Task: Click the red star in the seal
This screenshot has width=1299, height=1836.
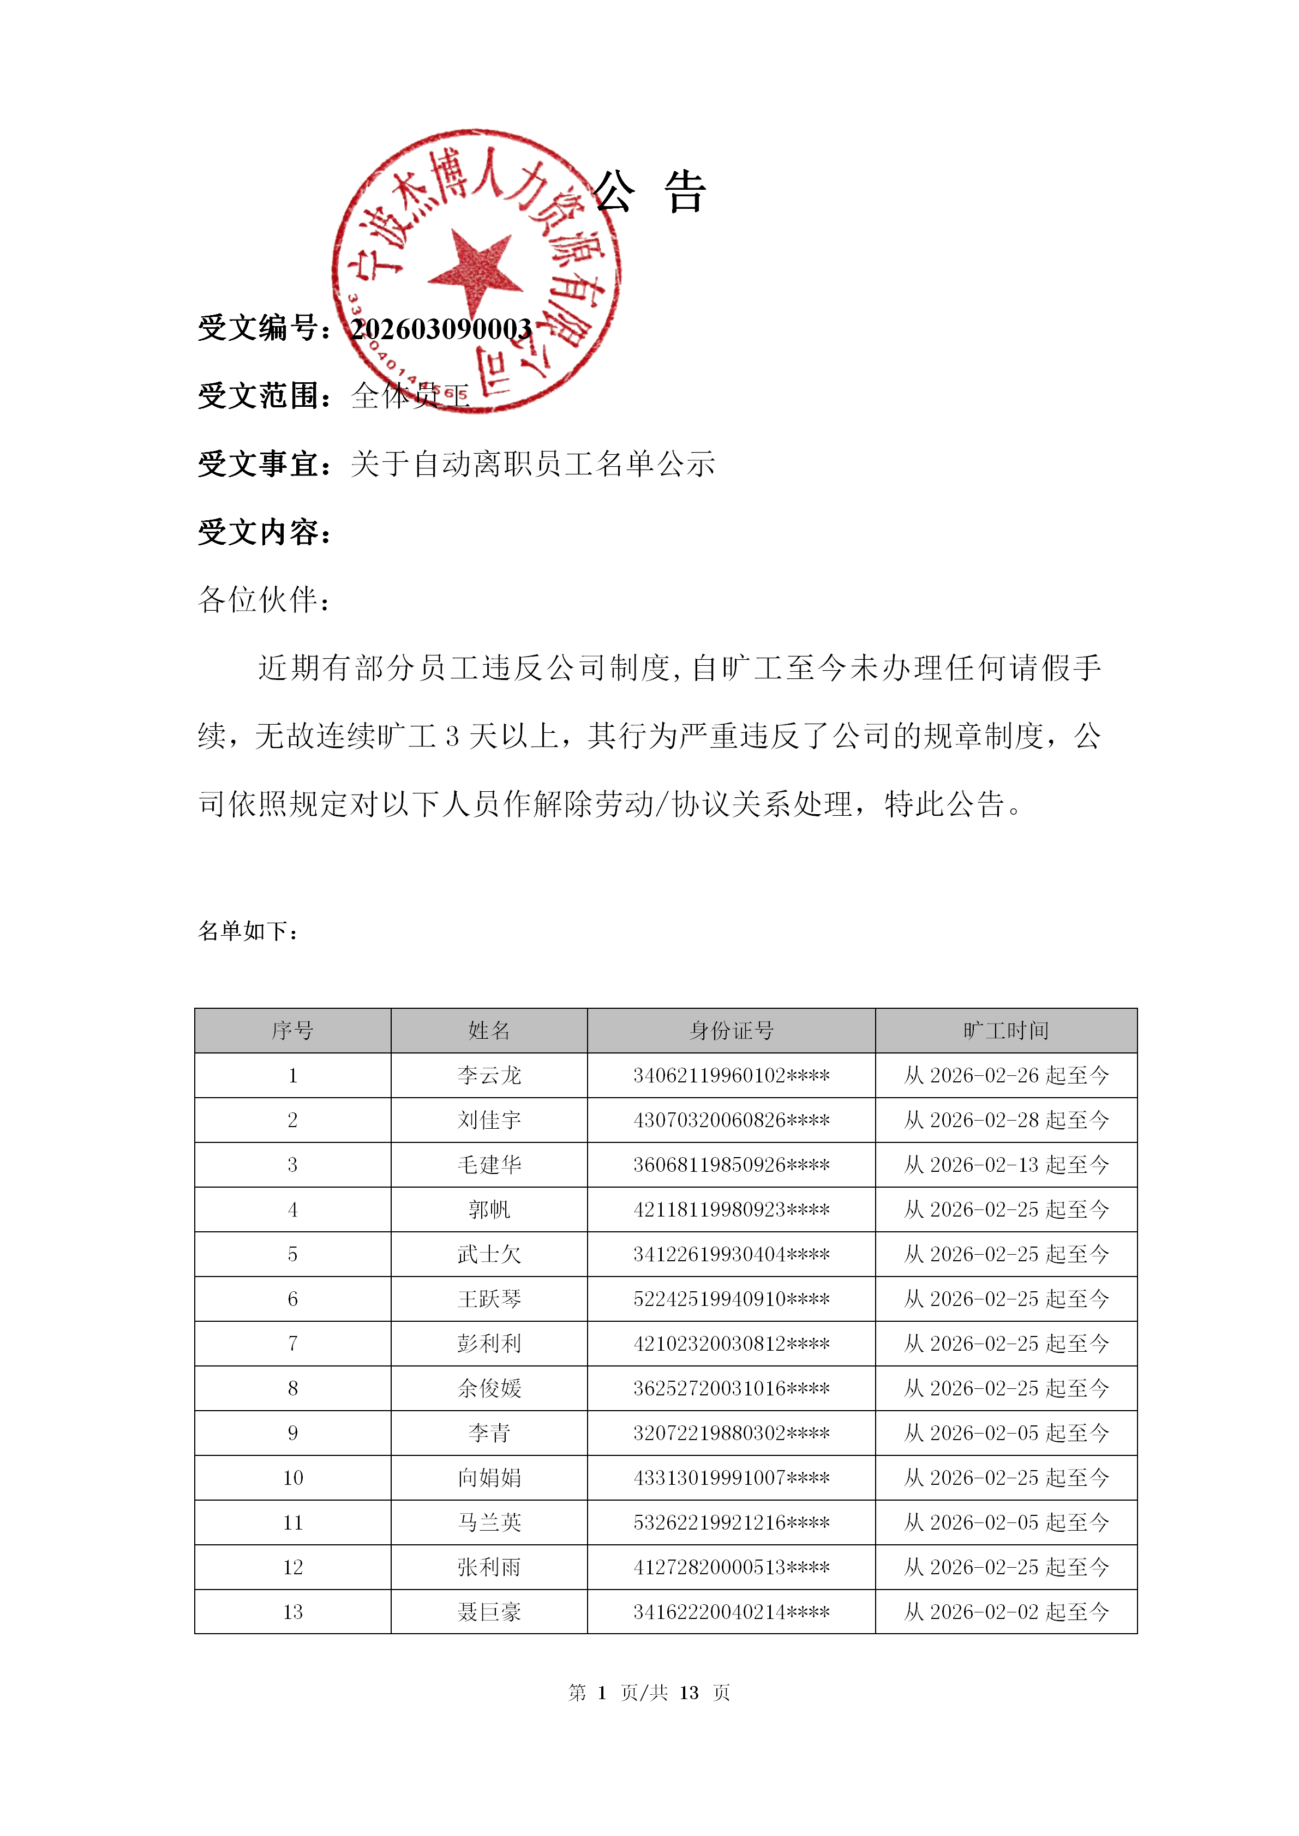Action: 476,272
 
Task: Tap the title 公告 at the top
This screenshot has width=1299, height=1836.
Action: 649,192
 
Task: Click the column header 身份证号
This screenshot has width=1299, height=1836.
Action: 731,1031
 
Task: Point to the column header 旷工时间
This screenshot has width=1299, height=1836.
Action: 1005,1031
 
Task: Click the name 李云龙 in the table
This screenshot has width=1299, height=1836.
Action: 489,1075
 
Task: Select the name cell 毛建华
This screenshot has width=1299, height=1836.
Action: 489,1165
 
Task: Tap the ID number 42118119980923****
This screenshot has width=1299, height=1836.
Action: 731,1210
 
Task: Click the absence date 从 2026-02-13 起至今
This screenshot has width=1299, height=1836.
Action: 1005,1165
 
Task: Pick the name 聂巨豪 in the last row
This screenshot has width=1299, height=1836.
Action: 489,1612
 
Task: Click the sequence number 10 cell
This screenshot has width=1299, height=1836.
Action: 293,1478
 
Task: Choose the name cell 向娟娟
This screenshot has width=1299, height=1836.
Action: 489,1478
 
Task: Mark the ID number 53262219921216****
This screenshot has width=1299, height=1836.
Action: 731,1522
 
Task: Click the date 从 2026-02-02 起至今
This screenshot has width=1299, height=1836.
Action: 1005,1612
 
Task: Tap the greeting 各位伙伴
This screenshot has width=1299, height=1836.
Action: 264,600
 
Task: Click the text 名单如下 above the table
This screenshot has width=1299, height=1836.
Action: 249,931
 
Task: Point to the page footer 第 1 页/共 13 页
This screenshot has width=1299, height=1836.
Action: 649,1693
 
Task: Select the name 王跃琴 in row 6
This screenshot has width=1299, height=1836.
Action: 489,1299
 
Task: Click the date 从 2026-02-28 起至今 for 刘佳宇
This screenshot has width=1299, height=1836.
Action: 1005,1121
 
